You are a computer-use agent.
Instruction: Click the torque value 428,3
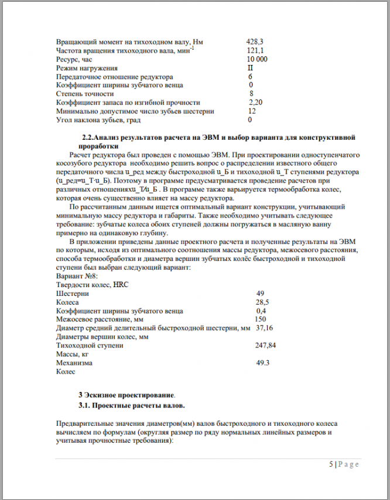pyautogui.click(x=255, y=42)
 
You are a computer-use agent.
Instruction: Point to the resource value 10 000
pyautogui.click(x=258, y=60)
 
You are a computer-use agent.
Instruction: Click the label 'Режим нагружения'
pyautogui.click(x=87, y=68)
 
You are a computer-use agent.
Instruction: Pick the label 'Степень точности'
pyautogui.click(x=85, y=94)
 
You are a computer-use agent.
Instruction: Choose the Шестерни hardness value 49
pyautogui.click(x=261, y=293)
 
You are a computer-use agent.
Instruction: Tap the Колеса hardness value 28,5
pyautogui.click(x=262, y=302)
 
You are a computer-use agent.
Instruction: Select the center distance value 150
pyautogui.click(x=261, y=319)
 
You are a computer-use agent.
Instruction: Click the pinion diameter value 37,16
pyautogui.click(x=265, y=328)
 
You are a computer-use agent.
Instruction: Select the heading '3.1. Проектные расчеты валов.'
pyautogui.click(x=131, y=405)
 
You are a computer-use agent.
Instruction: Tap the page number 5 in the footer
pyautogui.click(x=331, y=464)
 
